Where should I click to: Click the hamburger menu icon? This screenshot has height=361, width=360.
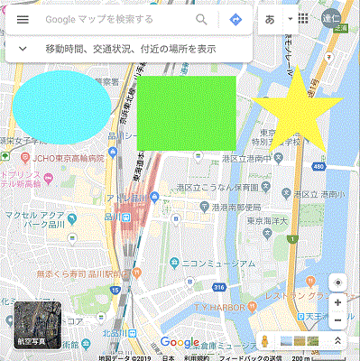point(23,19)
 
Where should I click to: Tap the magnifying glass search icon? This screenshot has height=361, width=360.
point(201,19)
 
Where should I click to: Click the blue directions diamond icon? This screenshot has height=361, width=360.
point(235,19)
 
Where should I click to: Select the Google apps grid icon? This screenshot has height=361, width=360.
point(302,19)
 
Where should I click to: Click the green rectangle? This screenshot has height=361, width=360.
point(187,113)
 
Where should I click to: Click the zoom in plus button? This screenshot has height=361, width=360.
point(337,302)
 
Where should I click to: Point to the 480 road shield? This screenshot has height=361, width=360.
point(319,167)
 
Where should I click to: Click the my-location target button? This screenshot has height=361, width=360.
point(337,280)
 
